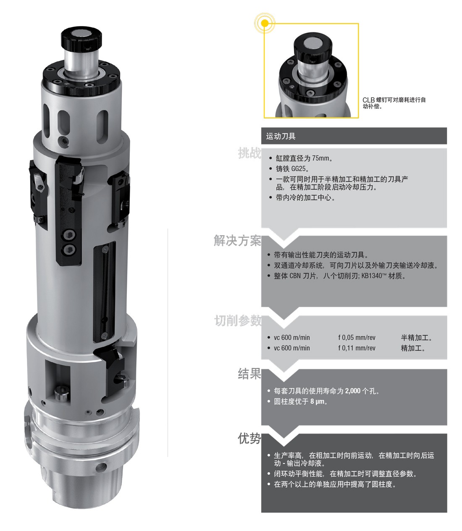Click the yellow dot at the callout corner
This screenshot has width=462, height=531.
coord(265,23)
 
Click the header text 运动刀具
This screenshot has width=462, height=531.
coord(281,136)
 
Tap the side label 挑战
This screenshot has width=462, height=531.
coord(249,153)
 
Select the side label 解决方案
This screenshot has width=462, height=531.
coord(237,241)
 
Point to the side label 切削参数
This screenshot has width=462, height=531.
coord(238,320)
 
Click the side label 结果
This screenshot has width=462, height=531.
coord(249,374)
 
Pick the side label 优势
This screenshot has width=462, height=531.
coord(249,438)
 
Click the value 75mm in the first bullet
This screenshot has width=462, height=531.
coord(320,158)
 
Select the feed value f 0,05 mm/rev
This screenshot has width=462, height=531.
coord(357,337)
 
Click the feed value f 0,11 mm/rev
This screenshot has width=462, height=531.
coord(357,348)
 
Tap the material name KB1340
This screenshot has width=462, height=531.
coord(372,276)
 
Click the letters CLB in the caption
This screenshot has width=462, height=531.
coord(369,100)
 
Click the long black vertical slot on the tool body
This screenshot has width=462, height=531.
coord(105,292)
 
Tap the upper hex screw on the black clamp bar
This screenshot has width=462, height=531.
coord(69,235)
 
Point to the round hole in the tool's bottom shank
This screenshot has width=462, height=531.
coord(101,467)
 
